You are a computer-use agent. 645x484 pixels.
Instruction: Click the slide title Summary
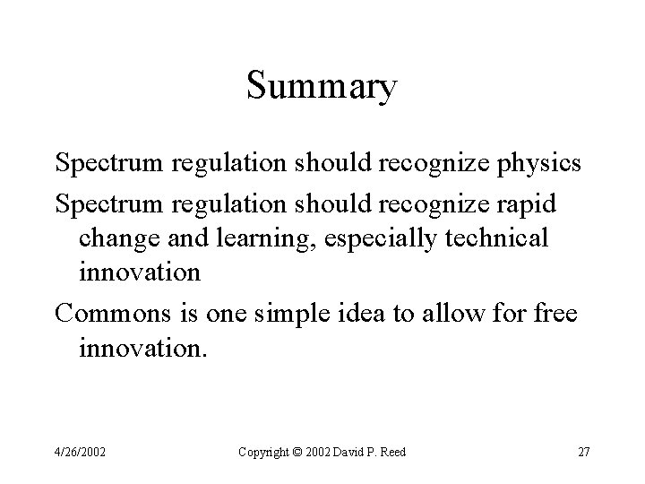[x=322, y=88]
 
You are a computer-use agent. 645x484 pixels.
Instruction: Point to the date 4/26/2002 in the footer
[x=80, y=452]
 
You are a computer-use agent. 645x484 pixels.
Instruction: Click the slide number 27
[x=583, y=452]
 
